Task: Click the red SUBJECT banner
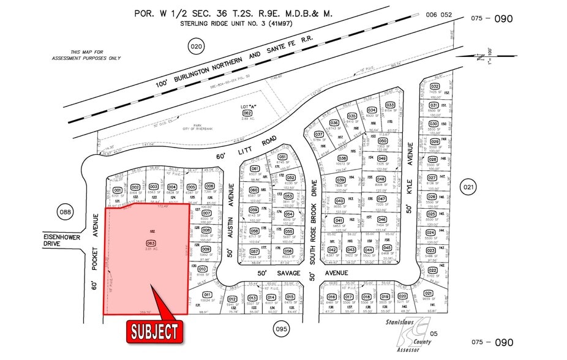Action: coord(156,331)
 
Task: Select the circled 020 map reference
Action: coord(195,47)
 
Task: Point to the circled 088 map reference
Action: coord(65,212)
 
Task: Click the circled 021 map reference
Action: coord(469,187)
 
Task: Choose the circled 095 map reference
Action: coord(281,328)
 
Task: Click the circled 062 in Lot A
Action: coord(247,113)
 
